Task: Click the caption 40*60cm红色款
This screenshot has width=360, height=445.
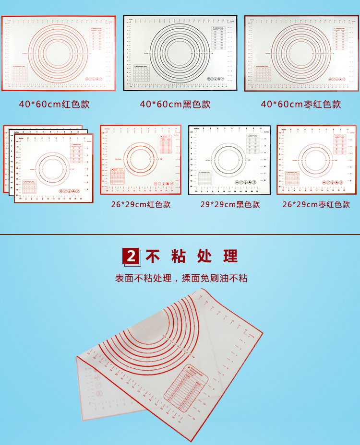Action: tap(54, 104)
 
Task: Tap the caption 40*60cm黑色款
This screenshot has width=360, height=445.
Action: tap(175, 104)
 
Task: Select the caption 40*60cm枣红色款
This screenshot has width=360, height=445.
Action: tap(301, 104)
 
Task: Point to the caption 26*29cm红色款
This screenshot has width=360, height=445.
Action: tap(141, 205)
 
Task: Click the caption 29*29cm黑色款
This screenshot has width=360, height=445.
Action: tap(230, 205)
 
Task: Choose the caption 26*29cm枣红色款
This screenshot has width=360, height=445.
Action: tap(316, 205)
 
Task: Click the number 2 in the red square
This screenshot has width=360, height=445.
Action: tap(132, 257)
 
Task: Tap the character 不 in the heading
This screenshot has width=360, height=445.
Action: tap(153, 257)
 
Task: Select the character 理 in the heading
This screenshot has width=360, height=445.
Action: tap(230, 257)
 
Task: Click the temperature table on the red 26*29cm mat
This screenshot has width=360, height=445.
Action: tap(167, 143)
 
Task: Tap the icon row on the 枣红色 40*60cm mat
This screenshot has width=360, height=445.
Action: tap(336, 78)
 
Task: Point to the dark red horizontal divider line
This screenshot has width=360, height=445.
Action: tap(180, 234)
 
